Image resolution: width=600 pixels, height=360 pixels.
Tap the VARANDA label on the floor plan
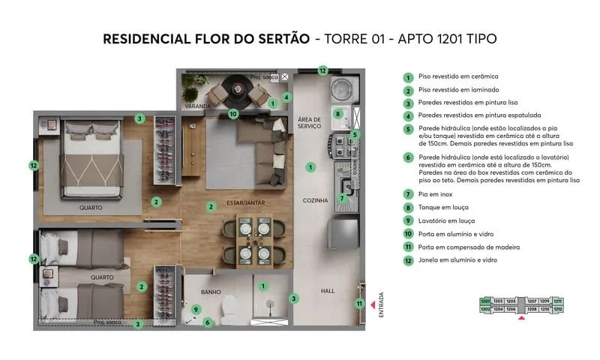[199, 106]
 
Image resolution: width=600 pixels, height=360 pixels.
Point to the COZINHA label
[315, 200]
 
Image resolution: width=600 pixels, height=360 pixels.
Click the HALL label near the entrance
[328, 291]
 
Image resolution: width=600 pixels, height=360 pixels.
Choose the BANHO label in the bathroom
[211, 292]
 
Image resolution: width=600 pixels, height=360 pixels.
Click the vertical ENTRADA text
[380, 304]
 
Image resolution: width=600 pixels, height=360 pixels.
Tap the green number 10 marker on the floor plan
[233, 114]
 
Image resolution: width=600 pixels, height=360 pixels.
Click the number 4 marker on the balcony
[286, 97]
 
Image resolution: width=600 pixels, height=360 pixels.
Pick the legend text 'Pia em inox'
[436, 194]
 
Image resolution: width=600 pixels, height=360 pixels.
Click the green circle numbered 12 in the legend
[408, 260]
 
